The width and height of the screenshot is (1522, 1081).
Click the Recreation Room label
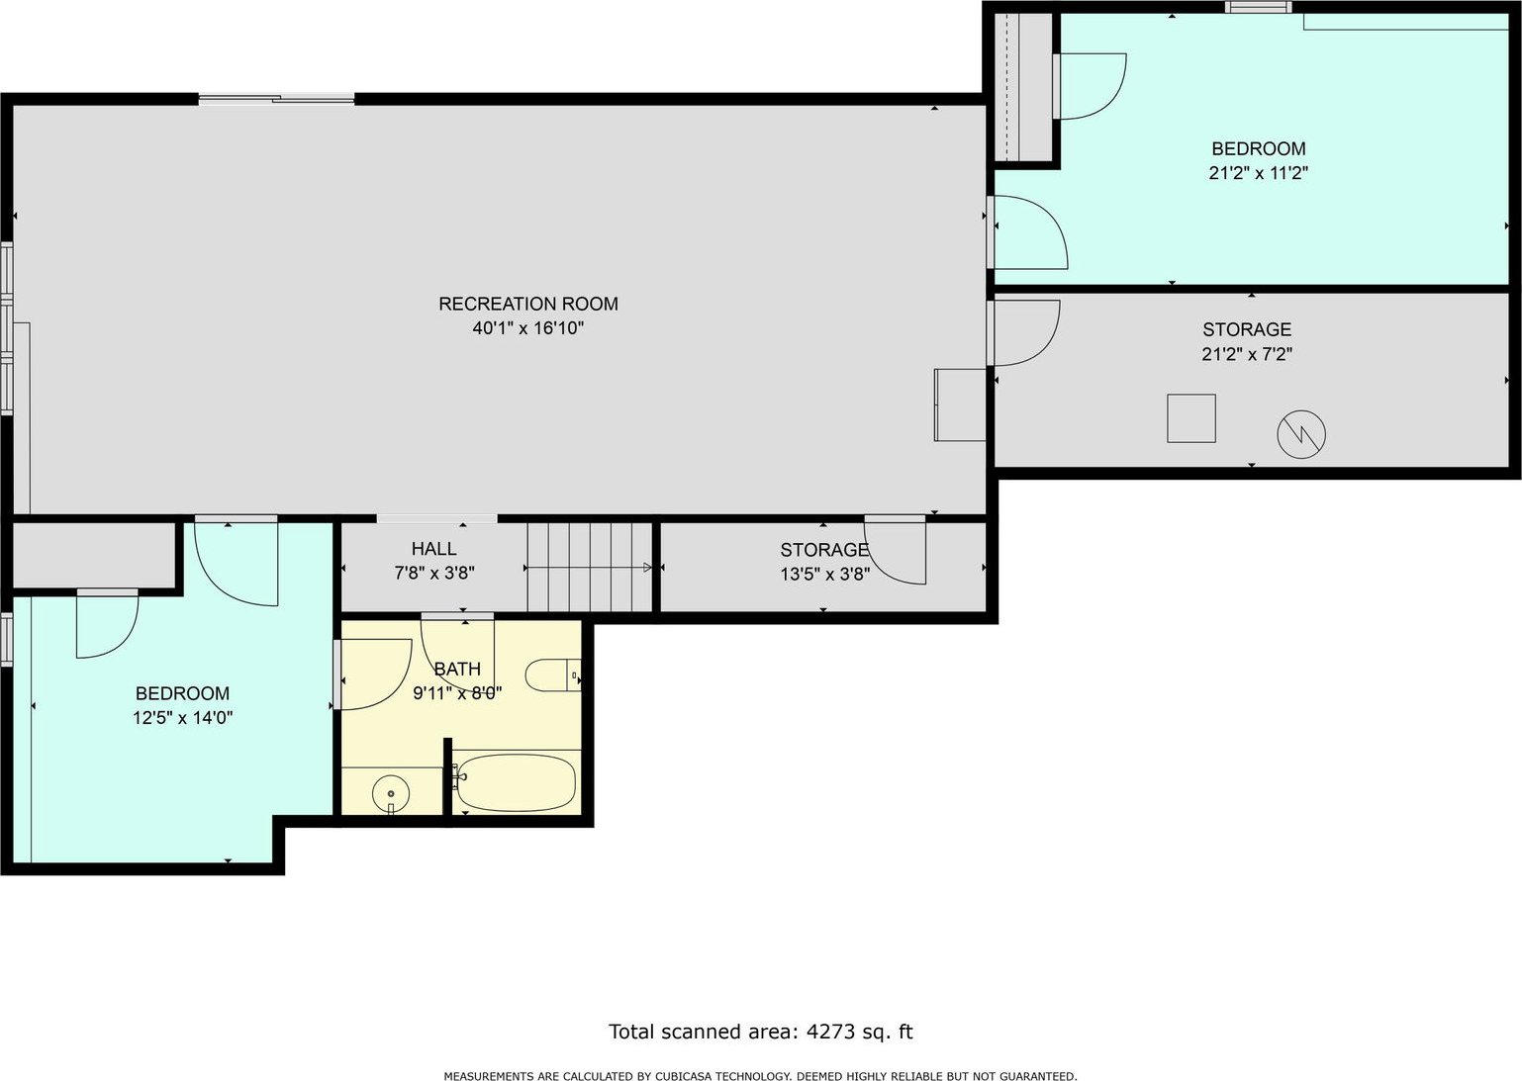(527, 304)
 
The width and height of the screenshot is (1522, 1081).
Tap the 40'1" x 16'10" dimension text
(527, 328)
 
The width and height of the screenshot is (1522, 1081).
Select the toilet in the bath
(553, 675)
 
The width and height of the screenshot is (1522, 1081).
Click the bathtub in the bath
(516, 783)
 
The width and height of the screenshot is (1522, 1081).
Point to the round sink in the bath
(391, 793)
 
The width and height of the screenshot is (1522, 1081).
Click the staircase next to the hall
(589, 567)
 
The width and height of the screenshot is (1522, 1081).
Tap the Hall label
(433, 549)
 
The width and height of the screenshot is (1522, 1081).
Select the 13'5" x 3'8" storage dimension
(824, 575)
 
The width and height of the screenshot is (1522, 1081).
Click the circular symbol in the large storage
(1301, 434)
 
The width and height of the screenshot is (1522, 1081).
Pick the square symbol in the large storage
(1191, 418)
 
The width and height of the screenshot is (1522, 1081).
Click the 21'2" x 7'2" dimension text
(1247, 354)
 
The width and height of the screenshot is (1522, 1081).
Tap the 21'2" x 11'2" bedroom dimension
(1259, 173)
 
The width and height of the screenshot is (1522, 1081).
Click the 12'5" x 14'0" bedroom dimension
(182, 718)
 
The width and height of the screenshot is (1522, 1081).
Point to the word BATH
(457, 669)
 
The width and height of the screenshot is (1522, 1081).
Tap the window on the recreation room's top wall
(276, 100)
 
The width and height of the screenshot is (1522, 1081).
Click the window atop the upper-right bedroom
(1259, 8)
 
